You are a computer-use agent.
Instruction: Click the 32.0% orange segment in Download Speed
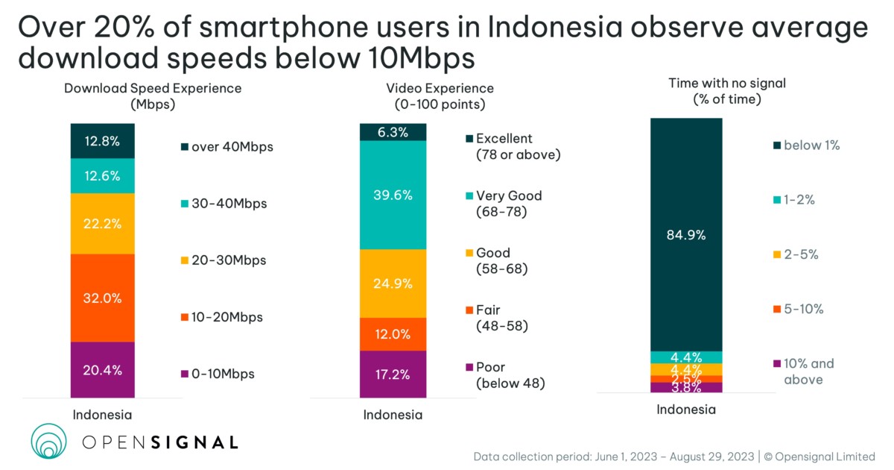coord(103,298)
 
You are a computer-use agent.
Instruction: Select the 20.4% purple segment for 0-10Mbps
coord(103,370)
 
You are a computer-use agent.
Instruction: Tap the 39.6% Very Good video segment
coord(393,195)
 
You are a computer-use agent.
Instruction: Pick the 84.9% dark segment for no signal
coord(686,234)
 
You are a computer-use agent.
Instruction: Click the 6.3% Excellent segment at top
coord(393,132)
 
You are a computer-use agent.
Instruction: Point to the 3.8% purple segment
coord(686,387)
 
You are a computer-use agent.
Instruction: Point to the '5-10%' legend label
coord(802,309)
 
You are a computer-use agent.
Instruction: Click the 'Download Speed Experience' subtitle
coord(153,88)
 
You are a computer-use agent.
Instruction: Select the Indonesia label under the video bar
coord(393,415)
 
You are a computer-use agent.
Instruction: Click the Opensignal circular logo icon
coord(49,442)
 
